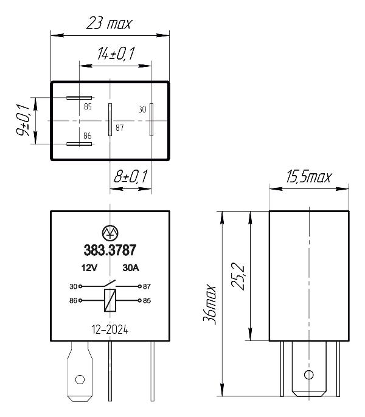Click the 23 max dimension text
pos(109,23)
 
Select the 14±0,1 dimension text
pos(116,53)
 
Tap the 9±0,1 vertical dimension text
pos(23,120)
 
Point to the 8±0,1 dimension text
pos(130,176)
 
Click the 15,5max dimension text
pos(309,176)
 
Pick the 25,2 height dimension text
pos(237,277)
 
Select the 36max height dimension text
pos(209,305)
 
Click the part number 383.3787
pos(110,250)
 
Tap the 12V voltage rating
pos(89,268)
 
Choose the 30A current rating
pos(131,268)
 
